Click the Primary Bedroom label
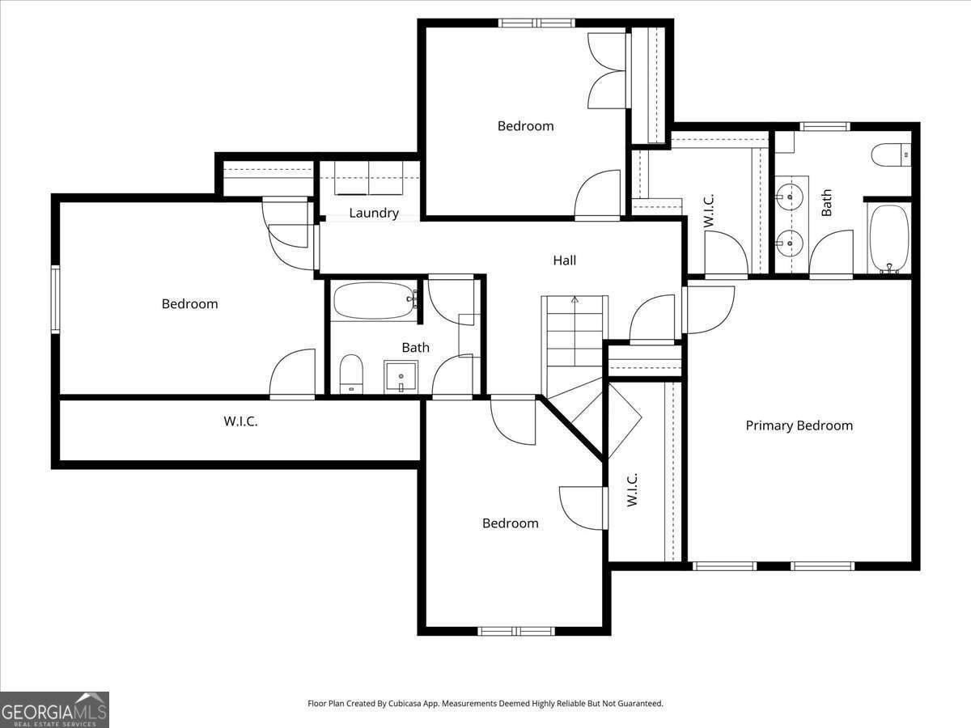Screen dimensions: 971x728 pyautogui.click(x=799, y=425)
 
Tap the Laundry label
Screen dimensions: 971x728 pyautogui.click(x=374, y=213)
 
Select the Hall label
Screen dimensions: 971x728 pyautogui.click(x=565, y=260)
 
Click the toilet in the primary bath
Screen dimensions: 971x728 pyautogui.click(x=891, y=154)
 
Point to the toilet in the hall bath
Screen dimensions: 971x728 pyautogui.click(x=351, y=374)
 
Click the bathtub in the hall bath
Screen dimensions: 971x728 pyautogui.click(x=375, y=301)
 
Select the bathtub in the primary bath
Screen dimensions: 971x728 pyautogui.click(x=889, y=239)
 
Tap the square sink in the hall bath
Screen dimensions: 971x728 pyautogui.click(x=401, y=377)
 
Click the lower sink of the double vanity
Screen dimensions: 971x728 pyautogui.click(x=790, y=243)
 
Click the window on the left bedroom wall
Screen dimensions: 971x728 pyautogui.click(x=55, y=298)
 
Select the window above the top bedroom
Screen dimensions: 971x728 pyautogui.click(x=536, y=23)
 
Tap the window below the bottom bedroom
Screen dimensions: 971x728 pyautogui.click(x=515, y=631)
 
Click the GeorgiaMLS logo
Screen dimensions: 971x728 pyautogui.click(x=54, y=709)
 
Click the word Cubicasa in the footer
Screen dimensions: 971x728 pyautogui.click(x=405, y=703)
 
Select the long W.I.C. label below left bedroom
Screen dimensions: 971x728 pyautogui.click(x=240, y=421)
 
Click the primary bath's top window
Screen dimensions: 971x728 pyautogui.click(x=825, y=127)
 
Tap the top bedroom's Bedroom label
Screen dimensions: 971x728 pyautogui.click(x=525, y=126)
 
